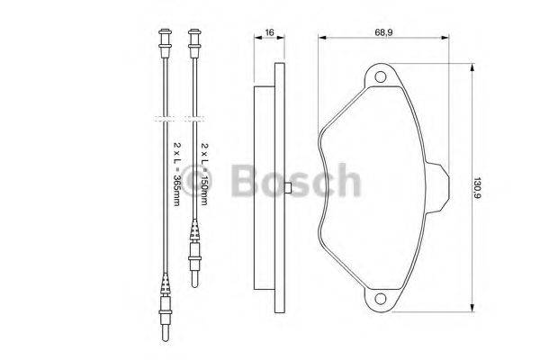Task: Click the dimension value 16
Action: point(269,32)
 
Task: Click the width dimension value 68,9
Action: point(383,32)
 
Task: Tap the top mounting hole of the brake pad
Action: point(381,77)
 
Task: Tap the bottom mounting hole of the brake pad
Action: point(381,298)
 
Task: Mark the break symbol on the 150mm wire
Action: point(193,117)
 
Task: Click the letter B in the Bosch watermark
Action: point(244,183)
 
